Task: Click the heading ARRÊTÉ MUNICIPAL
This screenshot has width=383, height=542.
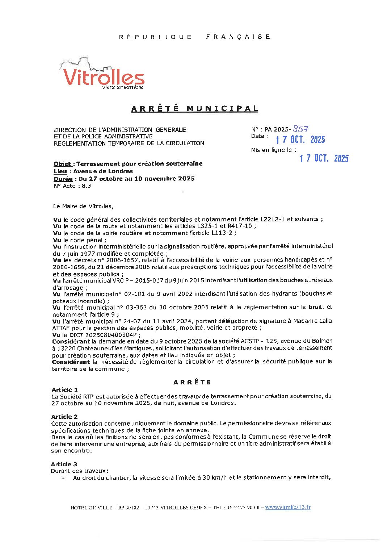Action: pyautogui.click(x=195, y=109)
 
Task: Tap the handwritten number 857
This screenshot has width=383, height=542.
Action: pyautogui.click(x=301, y=129)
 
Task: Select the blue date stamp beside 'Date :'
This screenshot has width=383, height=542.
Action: pyautogui.click(x=300, y=140)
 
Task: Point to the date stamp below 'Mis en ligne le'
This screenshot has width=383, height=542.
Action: pyautogui.click(x=324, y=158)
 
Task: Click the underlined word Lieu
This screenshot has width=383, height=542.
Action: pyautogui.click(x=60, y=171)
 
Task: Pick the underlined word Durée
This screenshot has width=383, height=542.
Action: pyautogui.click(x=63, y=179)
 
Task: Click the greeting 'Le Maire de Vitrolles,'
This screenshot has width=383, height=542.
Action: pyautogui.click(x=83, y=206)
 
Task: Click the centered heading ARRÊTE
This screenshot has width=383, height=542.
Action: pyautogui.click(x=192, y=382)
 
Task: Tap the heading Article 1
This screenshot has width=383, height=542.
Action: pyautogui.click(x=64, y=390)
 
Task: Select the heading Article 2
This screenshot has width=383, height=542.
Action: pyautogui.click(x=64, y=417)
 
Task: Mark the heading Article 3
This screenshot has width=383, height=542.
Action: pyautogui.click(x=64, y=464)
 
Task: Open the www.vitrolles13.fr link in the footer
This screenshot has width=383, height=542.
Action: pyautogui.click(x=288, y=507)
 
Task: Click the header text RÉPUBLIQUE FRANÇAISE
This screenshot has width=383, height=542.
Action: pyautogui.click(x=195, y=37)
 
